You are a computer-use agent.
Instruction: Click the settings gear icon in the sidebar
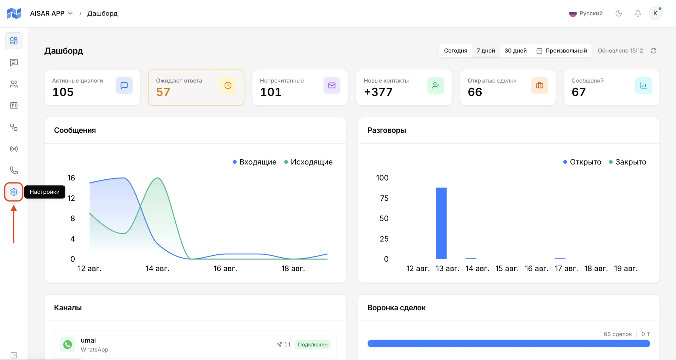[14, 192]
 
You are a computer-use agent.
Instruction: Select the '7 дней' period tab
[486, 51]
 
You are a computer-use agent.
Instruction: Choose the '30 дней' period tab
[515, 51]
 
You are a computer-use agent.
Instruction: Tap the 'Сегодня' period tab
[456, 51]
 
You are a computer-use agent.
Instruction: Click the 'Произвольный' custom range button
[562, 51]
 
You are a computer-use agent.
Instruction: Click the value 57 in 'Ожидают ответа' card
[163, 92]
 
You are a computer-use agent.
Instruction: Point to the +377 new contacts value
[378, 92]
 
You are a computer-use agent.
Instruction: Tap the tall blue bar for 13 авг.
[441, 223]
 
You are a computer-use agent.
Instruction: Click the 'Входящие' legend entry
[255, 162]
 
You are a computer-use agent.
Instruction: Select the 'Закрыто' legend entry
[627, 162]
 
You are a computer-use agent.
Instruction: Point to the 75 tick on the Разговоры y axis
[384, 198]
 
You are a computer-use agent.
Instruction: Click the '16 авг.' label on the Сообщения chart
[225, 269]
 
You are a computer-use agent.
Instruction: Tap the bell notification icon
[638, 13]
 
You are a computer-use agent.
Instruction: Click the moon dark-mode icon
[619, 13]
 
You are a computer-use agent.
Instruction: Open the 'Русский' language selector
[586, 13]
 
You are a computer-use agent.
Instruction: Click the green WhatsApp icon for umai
[68, 345]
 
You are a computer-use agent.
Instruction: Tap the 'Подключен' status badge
[313, 345]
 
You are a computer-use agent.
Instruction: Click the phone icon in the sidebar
[14, 170]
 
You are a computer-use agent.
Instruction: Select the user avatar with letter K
[655, 13]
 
